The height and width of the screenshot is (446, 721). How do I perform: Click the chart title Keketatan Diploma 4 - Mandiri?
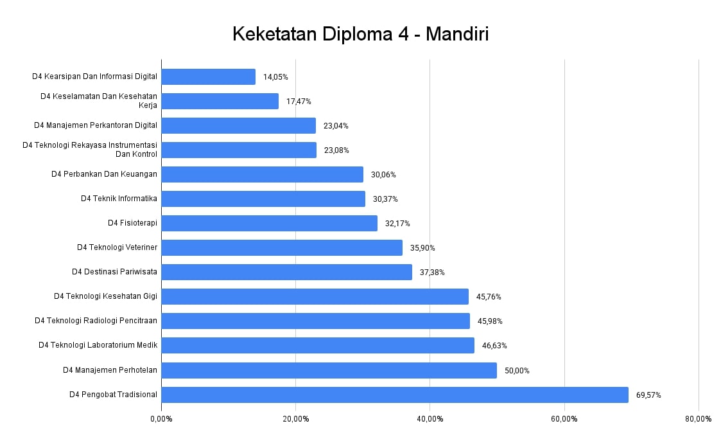[x=360, y=33]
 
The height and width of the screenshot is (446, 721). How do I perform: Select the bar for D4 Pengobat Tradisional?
[x=394, y=395]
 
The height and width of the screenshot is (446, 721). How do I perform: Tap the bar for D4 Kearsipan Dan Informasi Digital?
[x=208, y=76]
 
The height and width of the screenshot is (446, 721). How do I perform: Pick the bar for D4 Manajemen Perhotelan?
[x=329, y=370]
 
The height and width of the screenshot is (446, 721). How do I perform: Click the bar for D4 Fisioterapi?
[x=269, y=223]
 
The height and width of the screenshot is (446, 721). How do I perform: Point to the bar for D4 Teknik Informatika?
[x=263, y=199]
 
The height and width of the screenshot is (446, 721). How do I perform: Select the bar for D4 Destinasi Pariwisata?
[x=286, y=272]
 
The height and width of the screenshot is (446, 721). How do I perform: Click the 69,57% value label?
[x=648, y=395]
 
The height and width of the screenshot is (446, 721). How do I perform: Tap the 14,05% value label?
[x=275, y=77]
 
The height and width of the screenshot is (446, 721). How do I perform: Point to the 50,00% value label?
[x=517, y=371]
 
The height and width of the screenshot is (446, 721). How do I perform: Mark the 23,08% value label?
[x=336, y=150]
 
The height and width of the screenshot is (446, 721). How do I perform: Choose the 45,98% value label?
[x=490, y=321]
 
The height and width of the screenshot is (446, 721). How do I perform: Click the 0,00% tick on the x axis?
[x=161, y=419]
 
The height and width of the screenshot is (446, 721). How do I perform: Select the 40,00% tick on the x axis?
[x=430, y=419]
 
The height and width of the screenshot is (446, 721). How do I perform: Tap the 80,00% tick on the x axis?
[x=698, y=419]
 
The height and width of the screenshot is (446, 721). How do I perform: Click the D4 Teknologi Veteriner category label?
[x=117, y=247]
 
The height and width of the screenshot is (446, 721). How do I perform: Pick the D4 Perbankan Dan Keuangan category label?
[x=104, y=174]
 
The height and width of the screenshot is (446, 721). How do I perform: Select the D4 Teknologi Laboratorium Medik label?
[x=98, y=345]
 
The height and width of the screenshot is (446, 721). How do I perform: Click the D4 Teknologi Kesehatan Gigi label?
[x=105, y=296]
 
